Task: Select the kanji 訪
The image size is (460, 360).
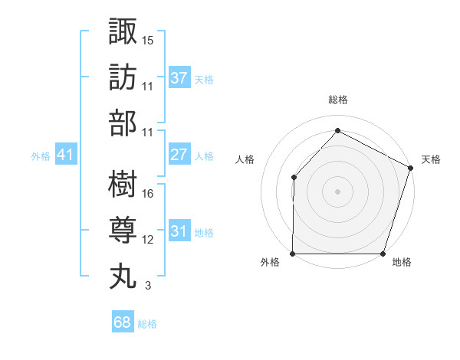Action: tap(123, 77)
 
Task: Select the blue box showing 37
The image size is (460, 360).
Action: tap(179, 77)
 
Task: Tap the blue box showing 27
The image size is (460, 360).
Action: tap(179, 155)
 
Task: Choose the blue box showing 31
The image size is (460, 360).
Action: tap(179, 231)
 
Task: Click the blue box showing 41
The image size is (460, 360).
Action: tap(66, 155)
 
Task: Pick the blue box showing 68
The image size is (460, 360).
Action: tap(122, 322)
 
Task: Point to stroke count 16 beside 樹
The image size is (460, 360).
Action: tap(148, 194)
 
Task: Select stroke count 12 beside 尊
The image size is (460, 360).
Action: tap(148, 240)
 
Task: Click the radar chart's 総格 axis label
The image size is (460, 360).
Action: tap(337, 100)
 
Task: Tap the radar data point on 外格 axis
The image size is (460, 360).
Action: tap(293, 254)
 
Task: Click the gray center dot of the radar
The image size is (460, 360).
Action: tap(337, 191)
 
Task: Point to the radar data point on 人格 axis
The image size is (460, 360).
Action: tap(294, 178)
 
